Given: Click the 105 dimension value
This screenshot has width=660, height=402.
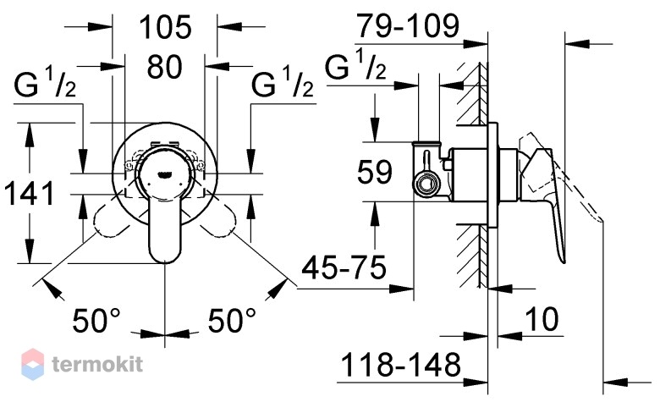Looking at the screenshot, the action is point(165,27).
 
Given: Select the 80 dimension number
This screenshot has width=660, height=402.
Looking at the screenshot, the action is point(165,67).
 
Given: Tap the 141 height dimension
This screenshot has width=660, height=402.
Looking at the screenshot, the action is point(29,193).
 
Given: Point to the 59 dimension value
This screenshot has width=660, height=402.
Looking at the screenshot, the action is point(374,171).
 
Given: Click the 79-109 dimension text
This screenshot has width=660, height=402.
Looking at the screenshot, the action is point(408,25).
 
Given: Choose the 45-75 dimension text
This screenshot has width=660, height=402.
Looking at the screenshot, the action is point(344,267).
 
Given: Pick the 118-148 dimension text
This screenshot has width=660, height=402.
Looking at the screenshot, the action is point(401,365).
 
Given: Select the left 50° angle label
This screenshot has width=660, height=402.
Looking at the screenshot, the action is point(96,321).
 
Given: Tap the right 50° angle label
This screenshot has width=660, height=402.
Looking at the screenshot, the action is point(232,321).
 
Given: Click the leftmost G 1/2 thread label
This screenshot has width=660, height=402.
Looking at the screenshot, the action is point(45,83).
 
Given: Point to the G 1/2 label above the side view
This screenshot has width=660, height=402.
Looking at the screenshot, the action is point(355,64).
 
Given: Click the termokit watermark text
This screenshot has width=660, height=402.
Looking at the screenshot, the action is point(97,364).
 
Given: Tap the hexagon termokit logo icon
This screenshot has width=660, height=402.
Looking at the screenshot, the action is point(32,364).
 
